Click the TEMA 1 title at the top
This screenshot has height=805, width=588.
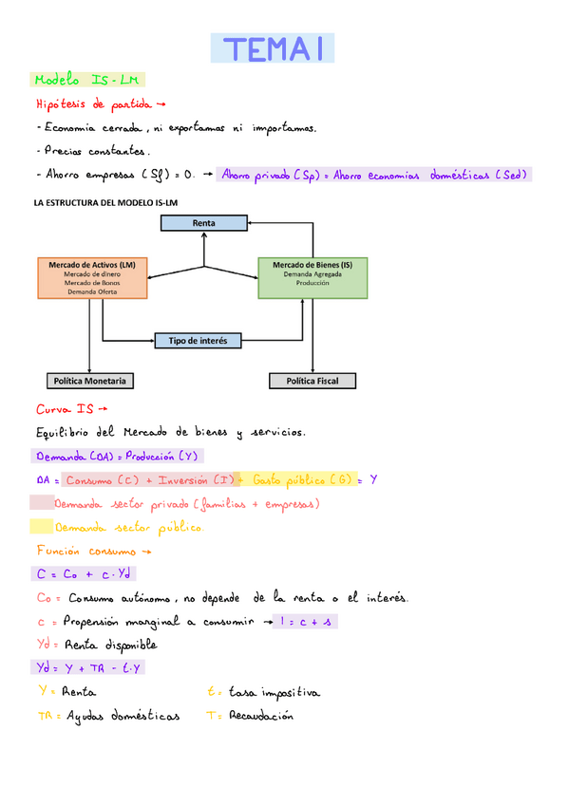tap(273, 48)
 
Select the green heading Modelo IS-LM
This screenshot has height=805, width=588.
tap(87, 81)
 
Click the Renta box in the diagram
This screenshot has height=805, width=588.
tap(203, 223)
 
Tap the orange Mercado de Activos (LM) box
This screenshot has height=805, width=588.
tap(92, 278)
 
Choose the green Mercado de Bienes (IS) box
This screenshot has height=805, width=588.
tap(313, 278)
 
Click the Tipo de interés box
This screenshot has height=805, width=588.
tap(199, 340)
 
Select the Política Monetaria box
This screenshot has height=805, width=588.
tap(89, 381)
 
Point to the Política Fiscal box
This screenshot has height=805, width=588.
tap(313, 381)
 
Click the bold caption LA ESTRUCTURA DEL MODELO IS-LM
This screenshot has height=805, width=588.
tap(105, 202)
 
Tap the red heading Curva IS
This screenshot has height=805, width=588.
tap(66, 409)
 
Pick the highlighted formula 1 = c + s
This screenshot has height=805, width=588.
tap(304, 621)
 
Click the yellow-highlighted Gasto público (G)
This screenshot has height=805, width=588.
tap(299, 479)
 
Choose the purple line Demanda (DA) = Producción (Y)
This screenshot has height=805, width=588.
tap(115, 457)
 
